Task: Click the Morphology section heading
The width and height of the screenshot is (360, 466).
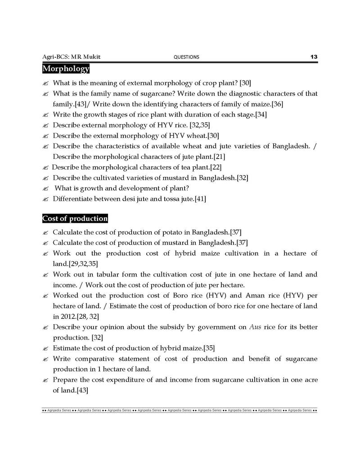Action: point(66,69)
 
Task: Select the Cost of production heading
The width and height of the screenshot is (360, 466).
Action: point(75,219)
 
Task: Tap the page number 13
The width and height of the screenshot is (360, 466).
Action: point(314,57)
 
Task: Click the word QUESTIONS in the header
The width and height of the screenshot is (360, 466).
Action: point(186,57)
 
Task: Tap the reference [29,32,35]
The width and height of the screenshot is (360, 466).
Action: point(83,263)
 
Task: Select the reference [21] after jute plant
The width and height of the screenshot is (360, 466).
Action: point(218,157)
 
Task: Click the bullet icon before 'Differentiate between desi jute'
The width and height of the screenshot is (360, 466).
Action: point(45,199)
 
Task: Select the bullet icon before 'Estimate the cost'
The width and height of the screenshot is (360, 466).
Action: point(45,348)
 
